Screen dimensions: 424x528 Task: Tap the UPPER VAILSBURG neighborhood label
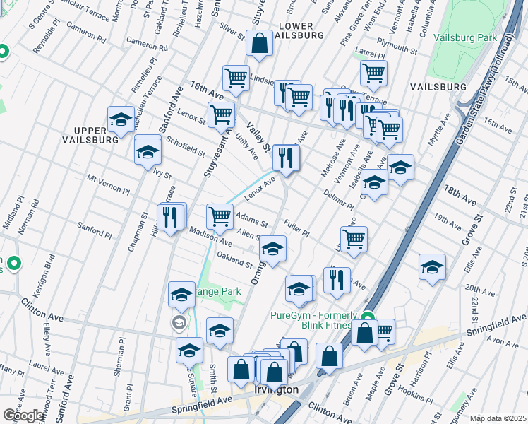click(x=95, y=136)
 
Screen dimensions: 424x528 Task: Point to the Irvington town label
click(x=276, y=390)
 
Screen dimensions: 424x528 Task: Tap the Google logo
click(x=23, y=415)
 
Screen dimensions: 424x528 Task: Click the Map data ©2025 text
click(x=498, y=418)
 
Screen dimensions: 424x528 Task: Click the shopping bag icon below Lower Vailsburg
click(x=260, y=43)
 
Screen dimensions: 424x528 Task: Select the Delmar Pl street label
click(x=340, y=200)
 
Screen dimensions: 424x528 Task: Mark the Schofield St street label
click(x=185, y=147)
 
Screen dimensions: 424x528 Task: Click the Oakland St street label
click(x=234, y=259)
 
